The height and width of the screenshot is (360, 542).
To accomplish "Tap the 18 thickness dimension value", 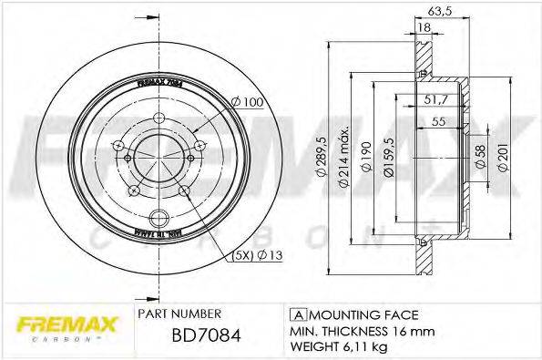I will tap(424, 28).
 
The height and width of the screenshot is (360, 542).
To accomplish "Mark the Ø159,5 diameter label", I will tap(389, 155).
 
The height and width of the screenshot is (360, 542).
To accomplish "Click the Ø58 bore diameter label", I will tap(481, 156).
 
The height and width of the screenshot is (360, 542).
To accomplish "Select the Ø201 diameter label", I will tap(502, 156).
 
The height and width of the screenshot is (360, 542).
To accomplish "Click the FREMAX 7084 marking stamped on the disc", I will tap(160, 80).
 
